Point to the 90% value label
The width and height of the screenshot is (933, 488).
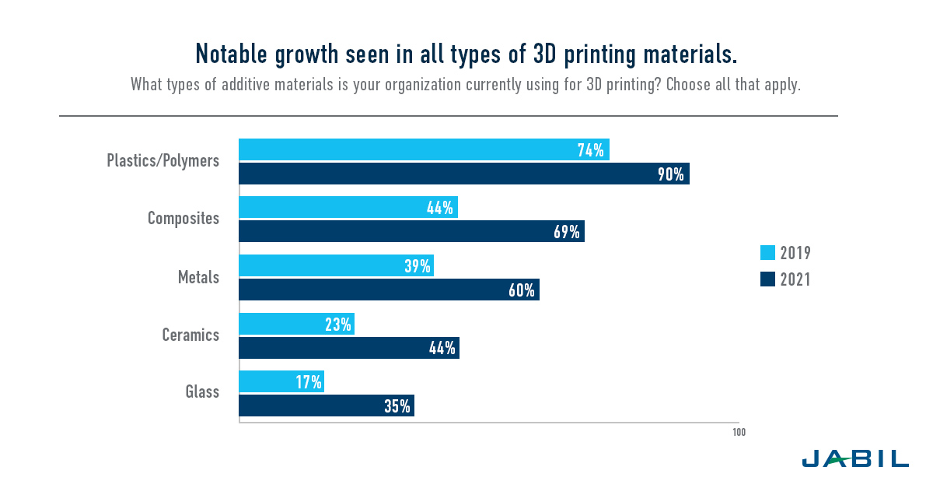click(670, 174)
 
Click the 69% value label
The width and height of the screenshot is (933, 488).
click(565, 232)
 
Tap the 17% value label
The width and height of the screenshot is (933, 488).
click(308, 381)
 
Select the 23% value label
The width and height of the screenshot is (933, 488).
click(338, 324)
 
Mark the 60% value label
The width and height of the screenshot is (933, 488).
click(521, 290)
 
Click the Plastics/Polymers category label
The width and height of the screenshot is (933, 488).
click(162, 161)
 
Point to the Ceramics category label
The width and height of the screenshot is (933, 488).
click(190, 335)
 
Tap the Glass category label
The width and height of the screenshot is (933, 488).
click(202, 391)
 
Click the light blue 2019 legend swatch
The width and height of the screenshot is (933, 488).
click(767, 253)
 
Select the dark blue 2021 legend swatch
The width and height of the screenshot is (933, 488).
click(767, 279)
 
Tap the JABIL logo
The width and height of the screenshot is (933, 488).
click(854, 458)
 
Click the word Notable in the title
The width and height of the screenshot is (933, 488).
click(231, 54)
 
